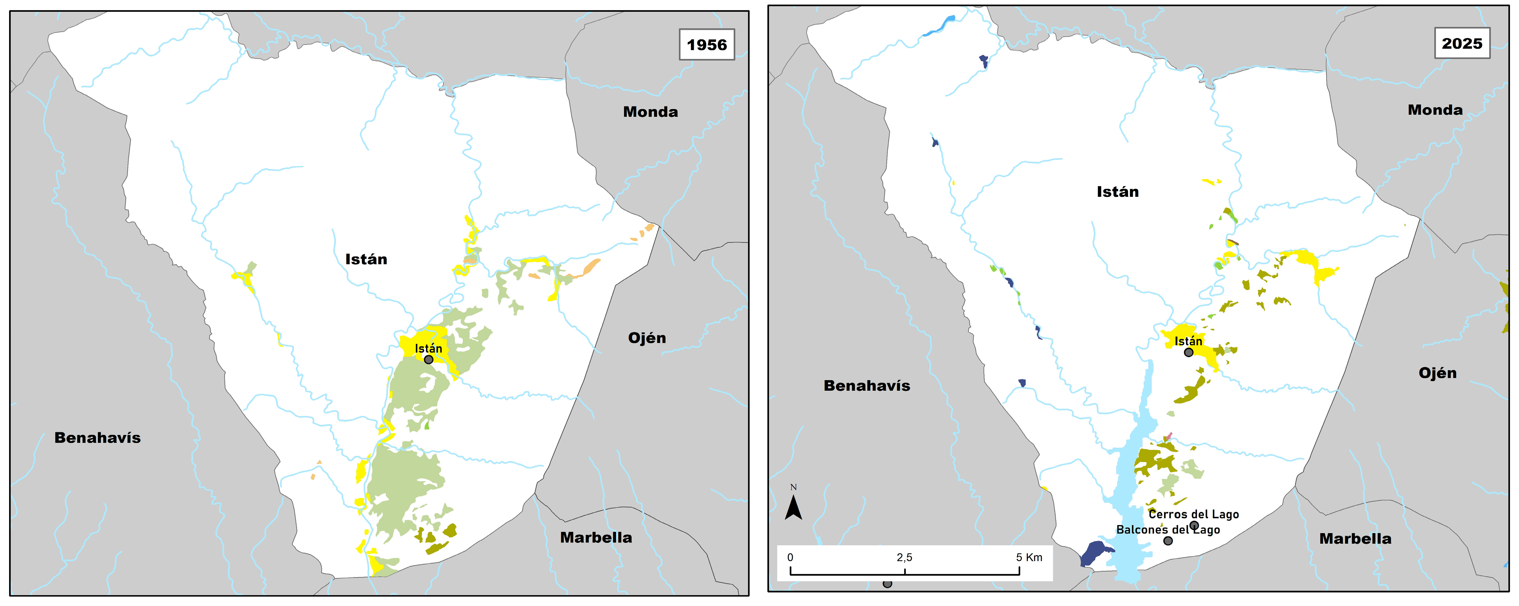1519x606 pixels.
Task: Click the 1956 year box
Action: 706,44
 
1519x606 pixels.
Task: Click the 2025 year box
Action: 1462,43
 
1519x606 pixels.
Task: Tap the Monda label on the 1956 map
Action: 651,112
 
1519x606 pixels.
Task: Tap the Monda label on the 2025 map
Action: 1435,110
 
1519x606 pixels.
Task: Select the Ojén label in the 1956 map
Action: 647,338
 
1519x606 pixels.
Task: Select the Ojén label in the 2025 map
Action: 1437,373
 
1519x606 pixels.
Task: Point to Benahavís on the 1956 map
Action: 97,437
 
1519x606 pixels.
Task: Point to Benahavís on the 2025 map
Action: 867,385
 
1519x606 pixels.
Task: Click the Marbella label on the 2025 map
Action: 1355,538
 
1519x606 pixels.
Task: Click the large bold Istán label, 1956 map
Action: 366,259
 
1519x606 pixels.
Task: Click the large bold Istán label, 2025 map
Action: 1117,192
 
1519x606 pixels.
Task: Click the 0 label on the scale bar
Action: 790,557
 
